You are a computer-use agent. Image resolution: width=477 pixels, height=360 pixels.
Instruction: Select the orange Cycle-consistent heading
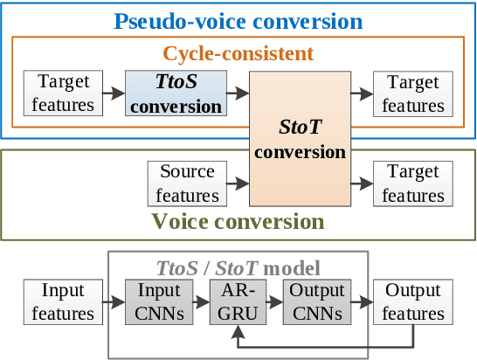tap(238, 54)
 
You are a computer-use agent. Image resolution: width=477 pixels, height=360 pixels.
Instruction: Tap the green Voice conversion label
tap(238, 220)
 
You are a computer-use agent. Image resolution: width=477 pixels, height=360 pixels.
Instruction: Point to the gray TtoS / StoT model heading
tap(238, 267)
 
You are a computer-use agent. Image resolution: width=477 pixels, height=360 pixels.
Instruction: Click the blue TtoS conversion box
tap(176, 94)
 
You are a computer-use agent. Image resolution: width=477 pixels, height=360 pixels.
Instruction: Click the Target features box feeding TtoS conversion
tap(65, 94)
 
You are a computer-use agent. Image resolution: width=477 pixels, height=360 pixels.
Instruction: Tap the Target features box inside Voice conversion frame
tap(413, 183)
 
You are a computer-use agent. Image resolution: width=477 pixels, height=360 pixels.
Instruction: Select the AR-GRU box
tap(238, 301)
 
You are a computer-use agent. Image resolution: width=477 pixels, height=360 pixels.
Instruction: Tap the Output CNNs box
tap(317, 301)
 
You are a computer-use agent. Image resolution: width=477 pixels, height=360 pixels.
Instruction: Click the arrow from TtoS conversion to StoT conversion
tap(238, 89)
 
